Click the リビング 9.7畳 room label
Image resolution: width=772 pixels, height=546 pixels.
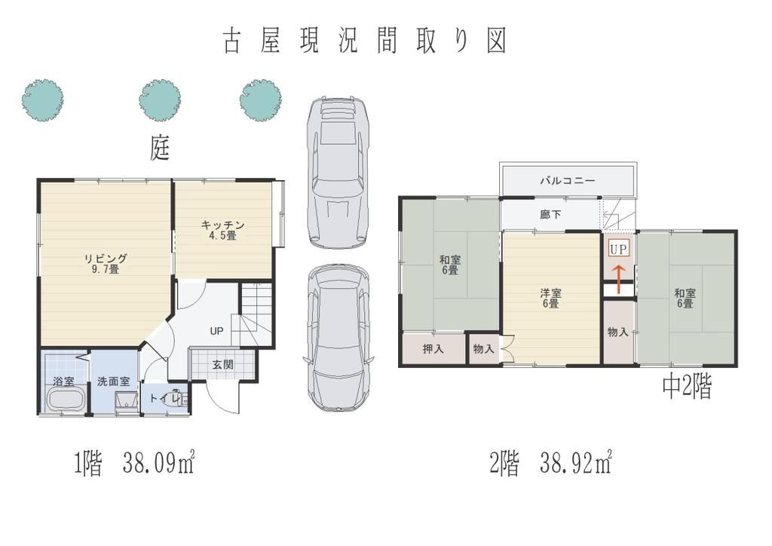pos(106,263)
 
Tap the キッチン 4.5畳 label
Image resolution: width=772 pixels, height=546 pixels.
pos(222,230)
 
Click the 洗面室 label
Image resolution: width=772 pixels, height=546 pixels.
pos(113,381)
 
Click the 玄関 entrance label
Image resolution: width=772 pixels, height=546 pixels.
pos(222,365)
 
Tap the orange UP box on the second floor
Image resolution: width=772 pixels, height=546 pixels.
pos(618,250)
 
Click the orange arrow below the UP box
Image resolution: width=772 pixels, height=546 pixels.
pos(618,280)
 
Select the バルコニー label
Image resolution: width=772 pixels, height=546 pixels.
pos(567,180)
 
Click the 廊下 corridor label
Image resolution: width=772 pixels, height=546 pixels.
pos(550,214)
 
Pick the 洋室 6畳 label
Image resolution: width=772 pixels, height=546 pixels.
pos(550,299)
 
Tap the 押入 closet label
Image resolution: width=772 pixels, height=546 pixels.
pos(433,348)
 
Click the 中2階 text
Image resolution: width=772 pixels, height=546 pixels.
pos(687,387)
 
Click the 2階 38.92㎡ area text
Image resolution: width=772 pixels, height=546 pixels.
pos(551,463)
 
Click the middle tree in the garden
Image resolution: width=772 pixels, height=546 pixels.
pos(160,100)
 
